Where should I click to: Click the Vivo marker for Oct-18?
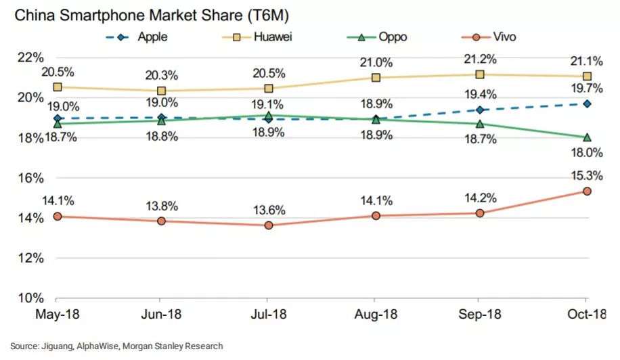point(587,192)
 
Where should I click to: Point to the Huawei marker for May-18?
point(58,87)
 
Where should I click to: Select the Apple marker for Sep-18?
point(480,110)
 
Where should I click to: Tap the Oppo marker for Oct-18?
point(587,137)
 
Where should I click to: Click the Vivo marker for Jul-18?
point(269,225)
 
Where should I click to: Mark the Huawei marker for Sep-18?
point(480,74)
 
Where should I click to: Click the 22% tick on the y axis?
point(30,58)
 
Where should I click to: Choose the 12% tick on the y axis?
point(30,258)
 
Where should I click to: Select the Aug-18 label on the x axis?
point(374,316)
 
